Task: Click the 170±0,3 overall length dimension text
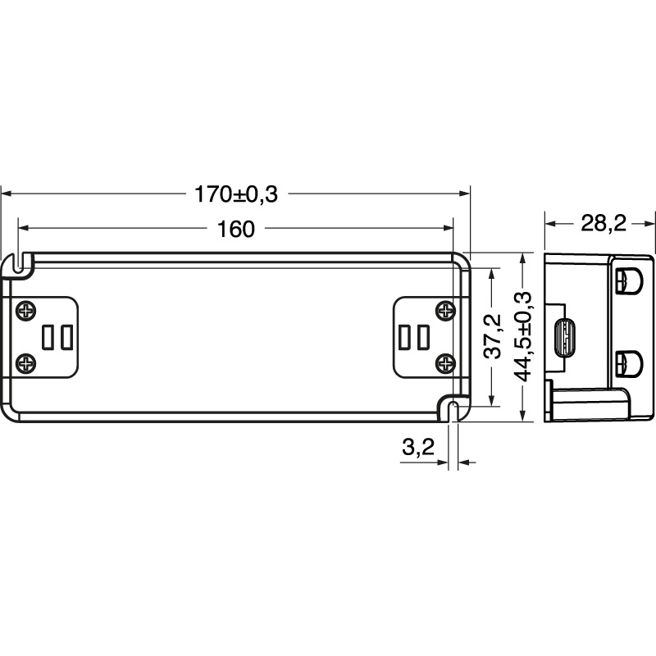coord(236,194)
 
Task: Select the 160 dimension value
coord(236,230)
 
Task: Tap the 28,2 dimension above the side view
coord(603,223)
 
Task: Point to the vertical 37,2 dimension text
coord(491,336)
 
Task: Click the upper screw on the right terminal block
coord(445,311)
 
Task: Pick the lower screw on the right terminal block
coord(445,361)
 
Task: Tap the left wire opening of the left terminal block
coord(48,336)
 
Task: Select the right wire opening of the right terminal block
coord(423,336)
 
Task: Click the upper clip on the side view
coord(630,280)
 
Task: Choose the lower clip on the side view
coord(630,362)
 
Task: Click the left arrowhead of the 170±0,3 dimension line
coord(6,194)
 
